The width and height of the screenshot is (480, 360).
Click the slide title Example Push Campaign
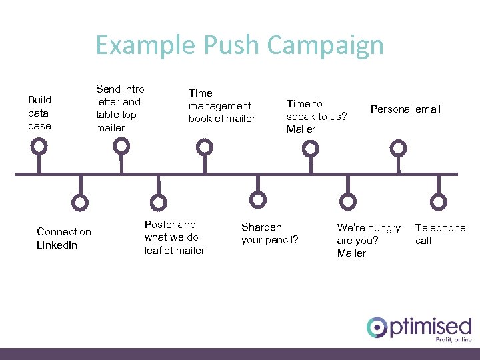pos(239,45)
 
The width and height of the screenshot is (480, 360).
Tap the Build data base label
pos(39,113)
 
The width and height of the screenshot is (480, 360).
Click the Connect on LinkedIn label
pos(64,238)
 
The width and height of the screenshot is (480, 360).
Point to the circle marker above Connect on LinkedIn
pos(80,202)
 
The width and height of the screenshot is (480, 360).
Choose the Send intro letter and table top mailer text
pos(120,108)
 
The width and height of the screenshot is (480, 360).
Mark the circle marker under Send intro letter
pos(121,146)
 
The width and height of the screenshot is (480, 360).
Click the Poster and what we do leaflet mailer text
pos(174,237)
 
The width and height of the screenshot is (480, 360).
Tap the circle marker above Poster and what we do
pos(159,202)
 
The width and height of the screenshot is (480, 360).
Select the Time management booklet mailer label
pos(221,106)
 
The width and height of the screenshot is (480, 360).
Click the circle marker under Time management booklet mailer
pos(204,146)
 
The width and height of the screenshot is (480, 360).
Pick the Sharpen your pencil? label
pos(269,233)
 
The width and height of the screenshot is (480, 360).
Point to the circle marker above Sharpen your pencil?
pos(257,199)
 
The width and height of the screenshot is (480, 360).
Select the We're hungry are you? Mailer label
pos(368,240)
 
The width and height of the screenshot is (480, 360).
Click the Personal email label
pos(405,109)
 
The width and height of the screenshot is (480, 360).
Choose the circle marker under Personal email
pos(398,147)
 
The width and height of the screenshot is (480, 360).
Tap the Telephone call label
pos(440,234)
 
